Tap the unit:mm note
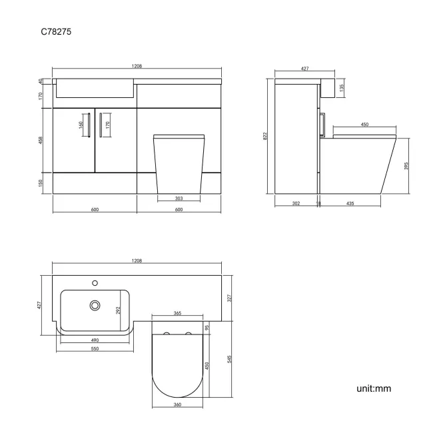point(373,388)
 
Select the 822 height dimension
point(266,136)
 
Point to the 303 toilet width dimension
point(179,198)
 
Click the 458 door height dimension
point(41,140)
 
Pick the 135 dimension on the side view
point(342,87)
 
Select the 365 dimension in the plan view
point(178,312)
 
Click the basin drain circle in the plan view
point(95,305)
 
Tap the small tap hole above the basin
point(95,282)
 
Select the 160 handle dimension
point(81,124)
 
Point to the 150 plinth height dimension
point(41,183)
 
